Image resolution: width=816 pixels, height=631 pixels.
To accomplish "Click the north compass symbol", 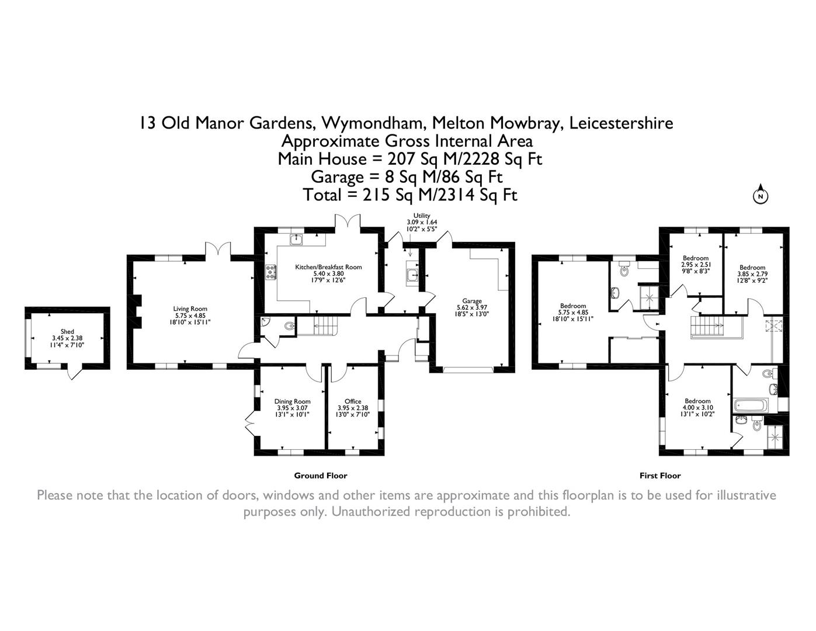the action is (x=761, y=195).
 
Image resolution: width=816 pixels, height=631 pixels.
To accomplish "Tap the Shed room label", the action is (x=67, y=338).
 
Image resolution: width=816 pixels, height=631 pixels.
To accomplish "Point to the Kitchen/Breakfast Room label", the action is (x=328, y=273).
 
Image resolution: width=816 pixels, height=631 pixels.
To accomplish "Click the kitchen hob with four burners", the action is (x=271, y=272).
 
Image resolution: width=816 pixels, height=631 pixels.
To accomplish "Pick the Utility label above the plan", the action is (x=422, y=216).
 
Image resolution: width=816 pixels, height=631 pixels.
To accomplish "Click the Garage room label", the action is (x=472, y=307).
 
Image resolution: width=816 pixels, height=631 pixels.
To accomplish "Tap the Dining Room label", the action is (x=292, y=408).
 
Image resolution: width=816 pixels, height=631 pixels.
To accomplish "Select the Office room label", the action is (x=353, y=408).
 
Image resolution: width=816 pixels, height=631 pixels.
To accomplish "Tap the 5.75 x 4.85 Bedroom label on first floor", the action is (x=573, y=312).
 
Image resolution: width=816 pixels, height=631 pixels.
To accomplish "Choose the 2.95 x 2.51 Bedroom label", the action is (x=696, y=265).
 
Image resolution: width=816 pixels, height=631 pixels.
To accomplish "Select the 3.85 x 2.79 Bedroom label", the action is (x=752, y=274).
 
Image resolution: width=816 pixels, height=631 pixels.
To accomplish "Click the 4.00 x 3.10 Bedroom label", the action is (x=697, y=408).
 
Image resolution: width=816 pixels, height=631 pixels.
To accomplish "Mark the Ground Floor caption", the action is (x=320, y=476).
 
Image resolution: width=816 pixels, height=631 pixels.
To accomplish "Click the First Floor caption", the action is (x=660, y=476).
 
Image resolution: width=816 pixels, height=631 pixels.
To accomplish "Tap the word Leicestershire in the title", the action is (x=621, y=123).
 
